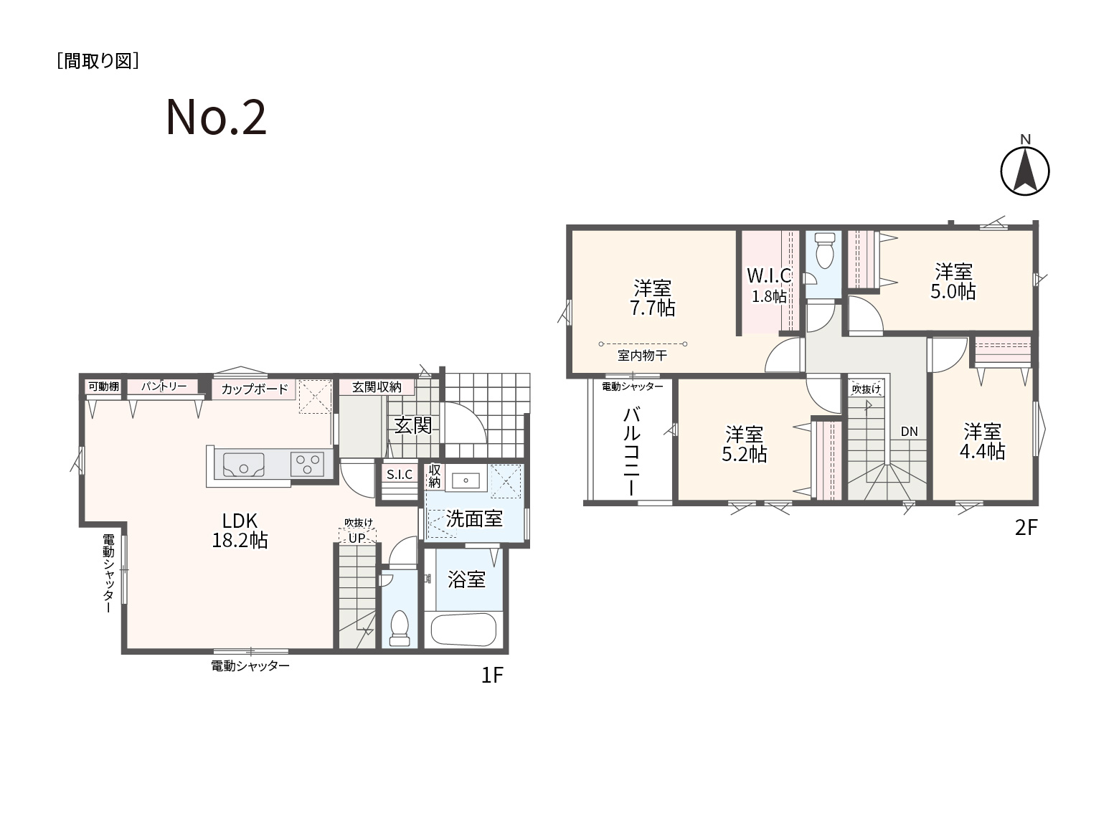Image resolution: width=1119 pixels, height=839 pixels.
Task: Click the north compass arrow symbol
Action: [1025, 171]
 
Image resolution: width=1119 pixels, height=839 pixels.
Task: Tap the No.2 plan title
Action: [216, 118]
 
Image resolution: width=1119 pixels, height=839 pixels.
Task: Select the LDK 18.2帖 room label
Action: [240, 531]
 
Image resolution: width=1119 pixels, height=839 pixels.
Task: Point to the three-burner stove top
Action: [308, 464]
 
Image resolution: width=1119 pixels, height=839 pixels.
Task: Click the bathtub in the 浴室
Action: [463, 630]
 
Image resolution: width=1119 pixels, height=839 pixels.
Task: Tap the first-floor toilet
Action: [400, 628]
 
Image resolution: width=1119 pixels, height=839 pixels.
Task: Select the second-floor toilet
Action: [824, 250]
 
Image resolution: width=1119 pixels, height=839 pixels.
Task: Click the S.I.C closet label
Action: [399, 475]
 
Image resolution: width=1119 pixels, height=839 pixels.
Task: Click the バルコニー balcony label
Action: [631, 451]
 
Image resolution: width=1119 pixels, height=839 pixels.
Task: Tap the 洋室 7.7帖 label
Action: [653, 298]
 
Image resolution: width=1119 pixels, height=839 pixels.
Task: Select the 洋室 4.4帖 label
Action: [983, 442]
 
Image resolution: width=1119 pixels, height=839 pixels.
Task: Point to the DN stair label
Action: [909, 432]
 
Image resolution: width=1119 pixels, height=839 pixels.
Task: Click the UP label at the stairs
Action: [357, 538]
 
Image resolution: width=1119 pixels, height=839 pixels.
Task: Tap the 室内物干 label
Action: [642, 355]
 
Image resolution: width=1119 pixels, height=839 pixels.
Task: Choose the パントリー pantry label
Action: [164, 386]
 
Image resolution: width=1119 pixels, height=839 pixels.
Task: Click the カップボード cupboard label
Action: [255, 389]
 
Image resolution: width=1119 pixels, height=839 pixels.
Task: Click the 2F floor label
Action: [1026, 528]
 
